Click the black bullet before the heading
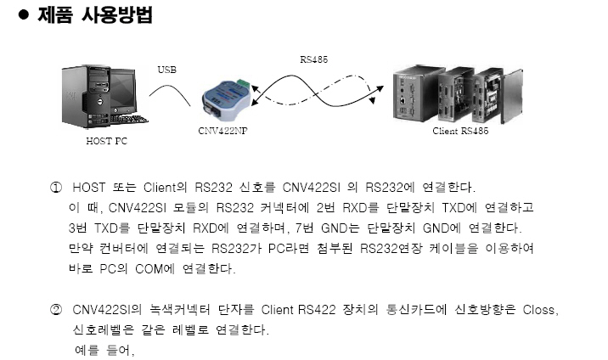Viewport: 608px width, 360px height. [24, 14]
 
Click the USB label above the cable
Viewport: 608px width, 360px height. [166, 70]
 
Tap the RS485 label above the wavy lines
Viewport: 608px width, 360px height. [313, 59]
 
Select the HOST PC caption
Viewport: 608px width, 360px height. [107, 141]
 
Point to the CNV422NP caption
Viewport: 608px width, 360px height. [222, 131]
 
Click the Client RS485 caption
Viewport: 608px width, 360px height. [460, 131]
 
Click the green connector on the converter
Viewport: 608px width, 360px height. [244, 85]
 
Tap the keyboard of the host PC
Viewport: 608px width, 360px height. [129, 119]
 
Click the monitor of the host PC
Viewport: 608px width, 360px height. [123, 90]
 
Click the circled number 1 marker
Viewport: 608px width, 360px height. [56, 188]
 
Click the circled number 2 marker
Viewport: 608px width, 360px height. [56, 310]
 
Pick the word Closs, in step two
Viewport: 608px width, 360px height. [541, 310]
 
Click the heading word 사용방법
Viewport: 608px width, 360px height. [116, 14]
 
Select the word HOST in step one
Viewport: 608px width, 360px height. [89, 188]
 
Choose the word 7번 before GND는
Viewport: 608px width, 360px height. [304, 228]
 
